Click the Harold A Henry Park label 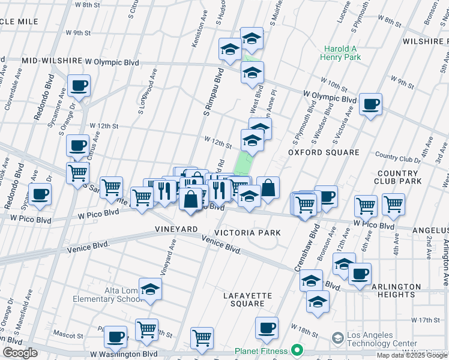click(x=341, y=53)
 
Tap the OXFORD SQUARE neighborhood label click(x=323, y=152)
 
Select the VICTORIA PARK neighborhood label click(x=252, y=232)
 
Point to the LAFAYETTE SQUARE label click(x=248, y=299)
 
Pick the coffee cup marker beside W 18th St click(x=267, y=328)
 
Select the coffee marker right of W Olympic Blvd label click(x=370, y=104)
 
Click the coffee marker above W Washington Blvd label click(x=115, y=337)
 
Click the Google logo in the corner click(x=20, y=353)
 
